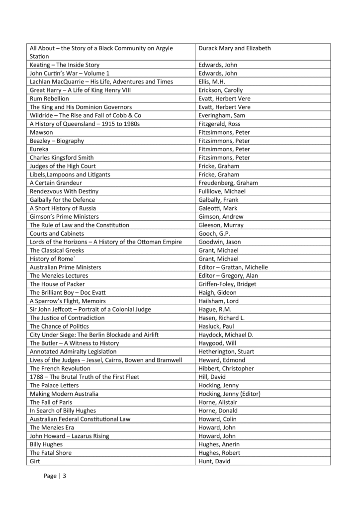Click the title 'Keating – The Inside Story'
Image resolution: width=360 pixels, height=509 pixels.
tap(65, 65)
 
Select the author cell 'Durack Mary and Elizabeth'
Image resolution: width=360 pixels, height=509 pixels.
tap(234, 48)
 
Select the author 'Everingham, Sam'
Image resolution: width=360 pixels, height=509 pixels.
tap(223, 115)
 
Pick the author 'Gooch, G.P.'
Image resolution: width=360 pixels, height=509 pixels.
tap(214, 234)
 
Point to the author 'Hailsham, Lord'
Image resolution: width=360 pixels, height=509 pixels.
tap(219, 301)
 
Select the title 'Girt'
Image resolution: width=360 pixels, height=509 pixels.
tap(35, 461)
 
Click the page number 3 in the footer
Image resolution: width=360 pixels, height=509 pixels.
tap(64, 476)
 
